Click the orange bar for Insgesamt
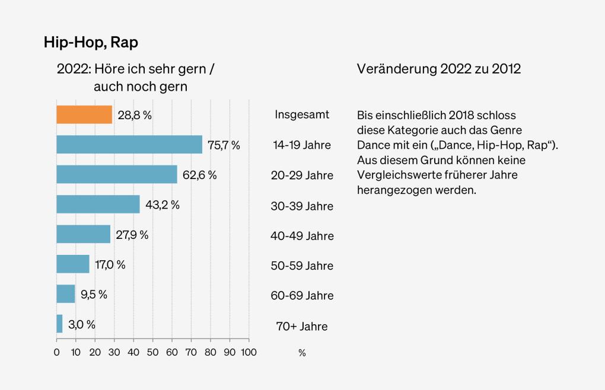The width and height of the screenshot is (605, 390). (x=84, y=114)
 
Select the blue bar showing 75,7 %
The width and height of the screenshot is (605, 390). (x=129, y=145)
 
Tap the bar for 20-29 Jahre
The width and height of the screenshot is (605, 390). (x=117, y=175)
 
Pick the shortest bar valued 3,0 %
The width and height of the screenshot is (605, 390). (x=59, y=324)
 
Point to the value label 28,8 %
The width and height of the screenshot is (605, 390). (x=135, y=115)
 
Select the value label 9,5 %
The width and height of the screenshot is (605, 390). (x=94, y=295)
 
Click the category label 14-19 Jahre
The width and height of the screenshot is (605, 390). (x=302, y=145)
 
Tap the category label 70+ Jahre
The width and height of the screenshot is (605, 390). (x=302, y=326)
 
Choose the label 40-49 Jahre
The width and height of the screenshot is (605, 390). (x=302, y=236)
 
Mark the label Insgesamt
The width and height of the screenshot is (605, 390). (x=302, y=114)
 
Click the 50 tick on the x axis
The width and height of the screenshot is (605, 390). (x=152, y=352)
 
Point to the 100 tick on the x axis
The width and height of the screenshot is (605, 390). (x=249, y=352)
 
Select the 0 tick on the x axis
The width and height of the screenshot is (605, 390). (x=56, y=352)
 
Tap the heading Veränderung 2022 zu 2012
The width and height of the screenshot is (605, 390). (x=438, y=69)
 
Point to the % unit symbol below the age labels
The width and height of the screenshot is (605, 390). (x=302, y=353)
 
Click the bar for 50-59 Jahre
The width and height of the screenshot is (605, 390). (x=72, y=264)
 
